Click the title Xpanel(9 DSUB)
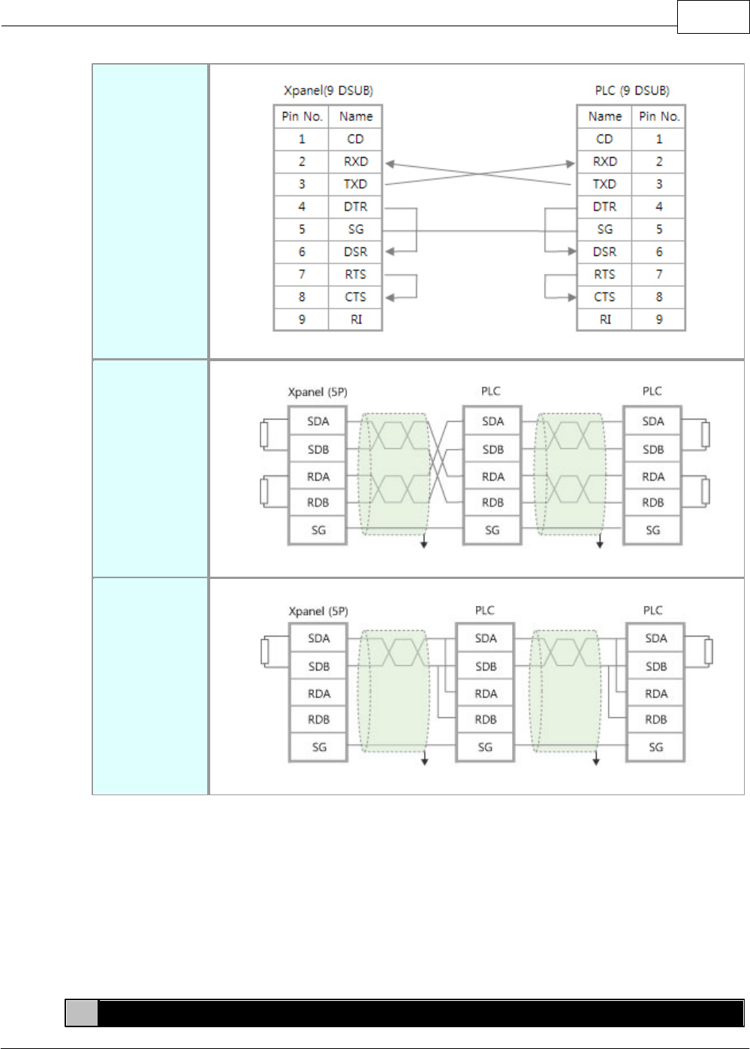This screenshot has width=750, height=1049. point(328,91)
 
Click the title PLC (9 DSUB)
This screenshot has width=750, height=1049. point(631,91)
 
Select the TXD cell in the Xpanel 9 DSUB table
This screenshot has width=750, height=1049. point(355,184)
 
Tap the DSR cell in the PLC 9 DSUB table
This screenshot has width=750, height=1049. point(604,252)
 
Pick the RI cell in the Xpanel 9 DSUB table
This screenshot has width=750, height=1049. point(356,319)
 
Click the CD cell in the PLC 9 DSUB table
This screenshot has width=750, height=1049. point(604,139)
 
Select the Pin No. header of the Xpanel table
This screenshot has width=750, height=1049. point(302,116)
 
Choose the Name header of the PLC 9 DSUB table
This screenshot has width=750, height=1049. point(604,116)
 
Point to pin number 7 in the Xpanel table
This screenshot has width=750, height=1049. point(302,274)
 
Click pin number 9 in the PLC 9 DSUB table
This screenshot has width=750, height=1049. point(659,319)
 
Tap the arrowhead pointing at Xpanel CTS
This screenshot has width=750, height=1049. point(390,297)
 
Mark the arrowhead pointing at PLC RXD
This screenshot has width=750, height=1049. point(571,164)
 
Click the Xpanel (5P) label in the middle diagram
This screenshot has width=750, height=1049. point(318,392)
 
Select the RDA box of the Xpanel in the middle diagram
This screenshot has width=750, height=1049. point(318,477)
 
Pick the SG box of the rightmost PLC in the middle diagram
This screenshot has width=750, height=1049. point(653,530)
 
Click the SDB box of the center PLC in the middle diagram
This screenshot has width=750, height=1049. point(492,450)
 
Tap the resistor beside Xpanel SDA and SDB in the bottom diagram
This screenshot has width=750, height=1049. point(265,652)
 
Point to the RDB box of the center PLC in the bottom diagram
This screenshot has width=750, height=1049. point(486,719)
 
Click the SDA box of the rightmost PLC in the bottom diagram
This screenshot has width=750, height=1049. point(655,638)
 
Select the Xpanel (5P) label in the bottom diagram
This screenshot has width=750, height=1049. point(318,611)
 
